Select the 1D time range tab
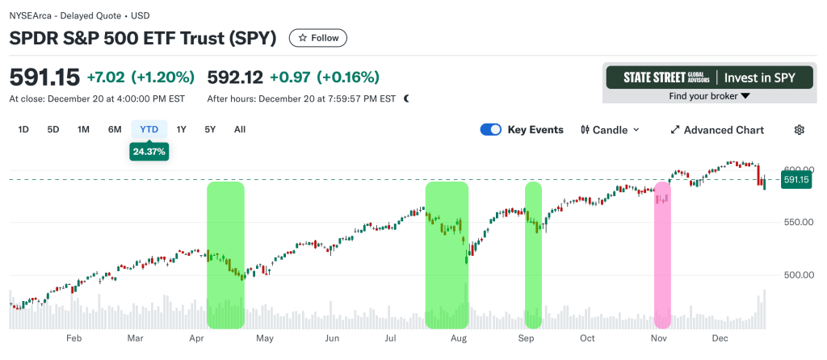coord(23,129)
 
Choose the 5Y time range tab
coord(210,129)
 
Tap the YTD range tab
coord(149,129)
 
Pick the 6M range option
coord(115,129)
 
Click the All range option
coord(240,129)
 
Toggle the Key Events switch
coord(491,130)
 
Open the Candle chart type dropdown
coord(610,130)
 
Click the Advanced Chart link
coord(717,130)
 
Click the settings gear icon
coord(800,130)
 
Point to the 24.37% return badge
coord(149,151)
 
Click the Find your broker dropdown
coord(710,96)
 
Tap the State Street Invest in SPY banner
coord(710,77)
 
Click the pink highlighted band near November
coord(662,254)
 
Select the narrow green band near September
coord(533,254)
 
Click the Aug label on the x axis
coord(459,339)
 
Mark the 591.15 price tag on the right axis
coord(796,180)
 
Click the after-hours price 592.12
coord(235,77)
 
